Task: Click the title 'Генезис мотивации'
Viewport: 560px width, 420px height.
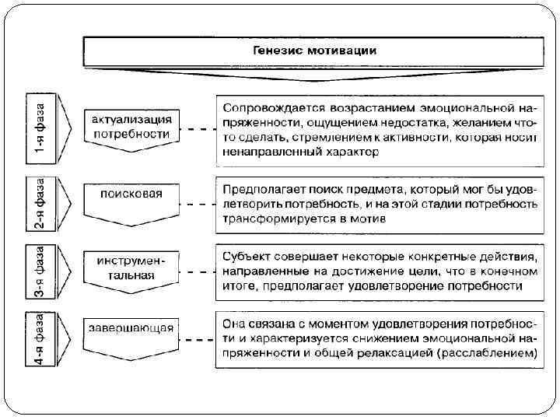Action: click(x=315, y=51)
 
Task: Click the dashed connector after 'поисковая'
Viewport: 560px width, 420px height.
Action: click(x=199, y=204)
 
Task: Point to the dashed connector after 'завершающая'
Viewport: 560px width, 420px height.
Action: click(x=199, y=341)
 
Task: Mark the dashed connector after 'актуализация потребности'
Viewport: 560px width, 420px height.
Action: click(x=199, y=129)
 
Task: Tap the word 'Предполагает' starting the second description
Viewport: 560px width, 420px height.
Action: click(x=261, y=189)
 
